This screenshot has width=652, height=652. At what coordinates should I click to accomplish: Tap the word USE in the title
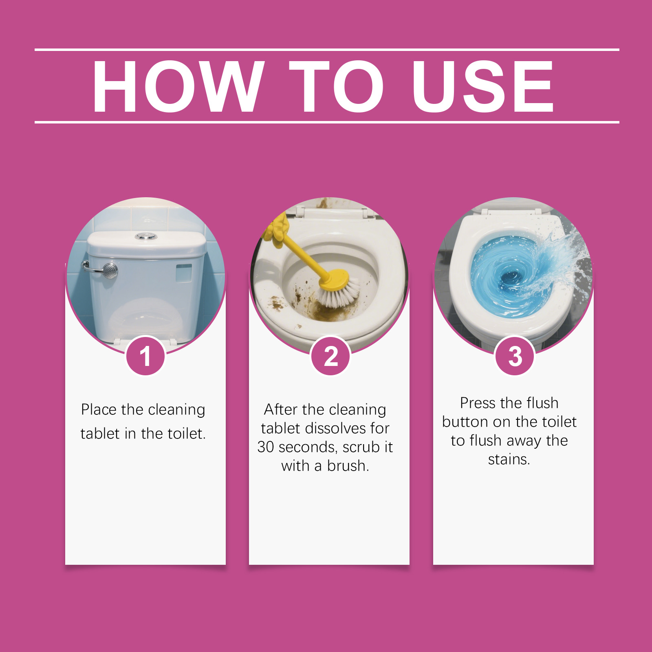[x=482, y=86]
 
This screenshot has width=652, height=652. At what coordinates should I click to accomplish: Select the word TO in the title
[x=337, y=86]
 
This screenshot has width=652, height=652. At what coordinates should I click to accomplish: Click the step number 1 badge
[x=145, y=356]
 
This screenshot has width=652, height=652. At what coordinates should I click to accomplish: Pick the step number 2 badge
[x=330, y=356]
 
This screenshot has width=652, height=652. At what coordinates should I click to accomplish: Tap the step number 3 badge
[x=515, y=356]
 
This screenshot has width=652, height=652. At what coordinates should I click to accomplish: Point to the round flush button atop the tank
[x=146, y=236]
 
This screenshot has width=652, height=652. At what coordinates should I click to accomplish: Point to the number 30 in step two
[x=266, y=447]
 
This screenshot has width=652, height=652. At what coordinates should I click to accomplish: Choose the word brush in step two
[x=348, y=465]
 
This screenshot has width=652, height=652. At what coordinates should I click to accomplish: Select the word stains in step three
[x=509, y=459]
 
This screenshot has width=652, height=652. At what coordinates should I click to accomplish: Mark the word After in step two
[x=282, y=409]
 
